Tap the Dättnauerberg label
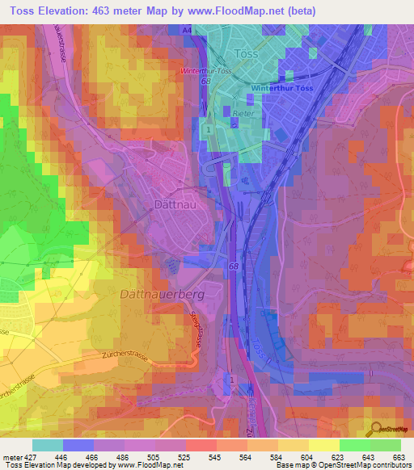tap(162, 295)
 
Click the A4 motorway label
tap(188, 29)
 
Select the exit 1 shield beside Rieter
tap(209, 129)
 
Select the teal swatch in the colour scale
tap(48, 445)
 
